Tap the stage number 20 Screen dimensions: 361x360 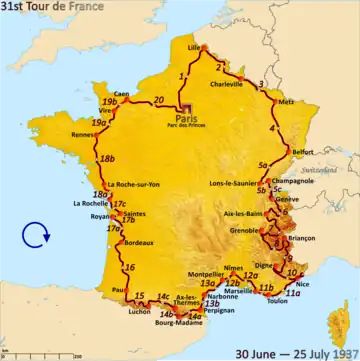159,99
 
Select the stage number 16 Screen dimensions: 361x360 129,268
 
